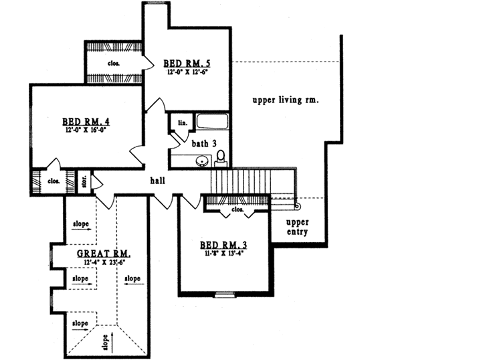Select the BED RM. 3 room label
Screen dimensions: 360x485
click(x=224, y=245)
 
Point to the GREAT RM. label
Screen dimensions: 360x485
click(x=103, y=254)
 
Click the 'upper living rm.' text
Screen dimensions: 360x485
click(x=285, y=100)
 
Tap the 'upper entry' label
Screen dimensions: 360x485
click(x=296, y=228)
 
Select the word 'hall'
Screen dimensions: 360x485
click(x=157, y=180)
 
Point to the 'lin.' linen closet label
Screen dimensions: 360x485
click(x=181, y=122)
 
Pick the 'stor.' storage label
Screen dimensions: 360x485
click(x=84, y=180)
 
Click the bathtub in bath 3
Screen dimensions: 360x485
click(x=212, y=122)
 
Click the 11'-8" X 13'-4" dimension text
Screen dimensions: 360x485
click(x=224, y=254)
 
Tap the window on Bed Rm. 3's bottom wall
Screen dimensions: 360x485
click(x=224, y=294)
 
